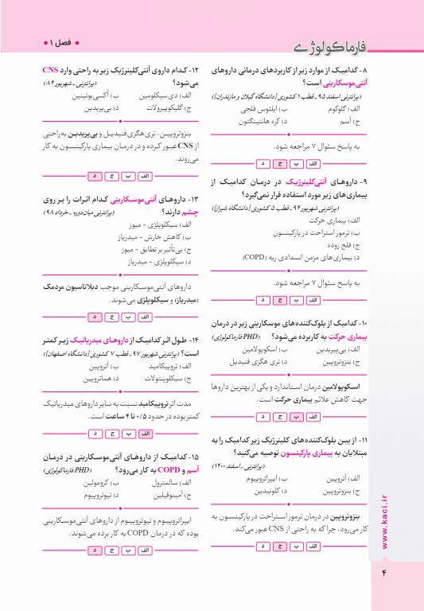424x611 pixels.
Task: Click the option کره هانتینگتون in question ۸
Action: [258, 121]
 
